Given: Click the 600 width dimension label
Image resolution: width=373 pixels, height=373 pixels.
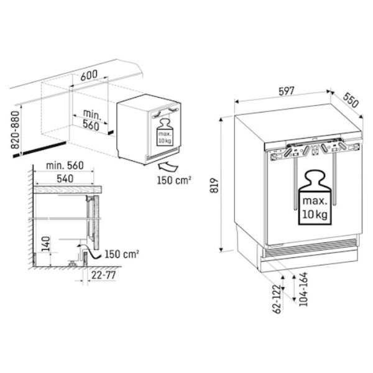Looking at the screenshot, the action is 89,75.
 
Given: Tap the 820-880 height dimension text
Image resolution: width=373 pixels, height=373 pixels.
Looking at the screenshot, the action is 15,130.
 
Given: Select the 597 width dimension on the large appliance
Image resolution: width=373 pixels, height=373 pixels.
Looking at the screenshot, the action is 287,91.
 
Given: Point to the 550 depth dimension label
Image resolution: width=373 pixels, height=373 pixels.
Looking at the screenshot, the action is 351,99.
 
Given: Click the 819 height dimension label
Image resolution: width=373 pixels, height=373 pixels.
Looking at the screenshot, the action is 214,185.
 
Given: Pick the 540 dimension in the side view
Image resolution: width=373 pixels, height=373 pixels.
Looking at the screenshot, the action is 65,178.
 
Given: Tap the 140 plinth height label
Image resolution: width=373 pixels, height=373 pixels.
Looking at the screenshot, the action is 45,244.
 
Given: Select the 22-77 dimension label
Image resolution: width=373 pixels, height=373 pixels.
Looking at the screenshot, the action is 103,275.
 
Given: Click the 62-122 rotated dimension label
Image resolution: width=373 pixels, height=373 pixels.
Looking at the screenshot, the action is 277,299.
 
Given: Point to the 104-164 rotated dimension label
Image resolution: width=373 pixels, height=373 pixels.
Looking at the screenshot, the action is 303,289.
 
